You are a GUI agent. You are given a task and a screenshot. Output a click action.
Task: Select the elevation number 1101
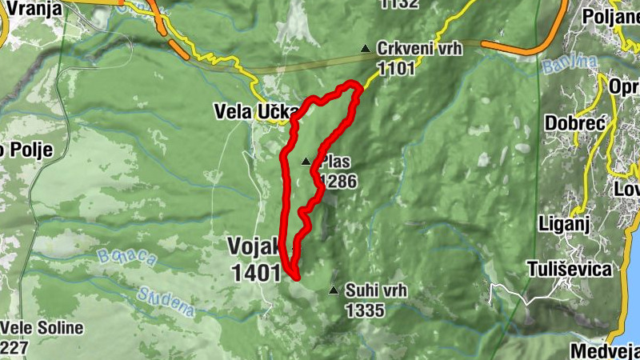398,68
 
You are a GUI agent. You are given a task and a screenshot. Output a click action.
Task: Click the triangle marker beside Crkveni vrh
366,49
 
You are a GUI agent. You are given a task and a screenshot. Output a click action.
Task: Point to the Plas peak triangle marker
306,162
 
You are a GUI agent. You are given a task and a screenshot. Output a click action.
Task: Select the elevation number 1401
256,273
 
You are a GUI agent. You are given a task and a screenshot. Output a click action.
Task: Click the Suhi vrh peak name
377,290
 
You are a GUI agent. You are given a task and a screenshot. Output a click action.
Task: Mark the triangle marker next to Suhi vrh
334,290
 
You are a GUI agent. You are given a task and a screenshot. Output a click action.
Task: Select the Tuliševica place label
570,269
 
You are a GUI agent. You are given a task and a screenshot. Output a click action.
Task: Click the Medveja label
605,350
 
